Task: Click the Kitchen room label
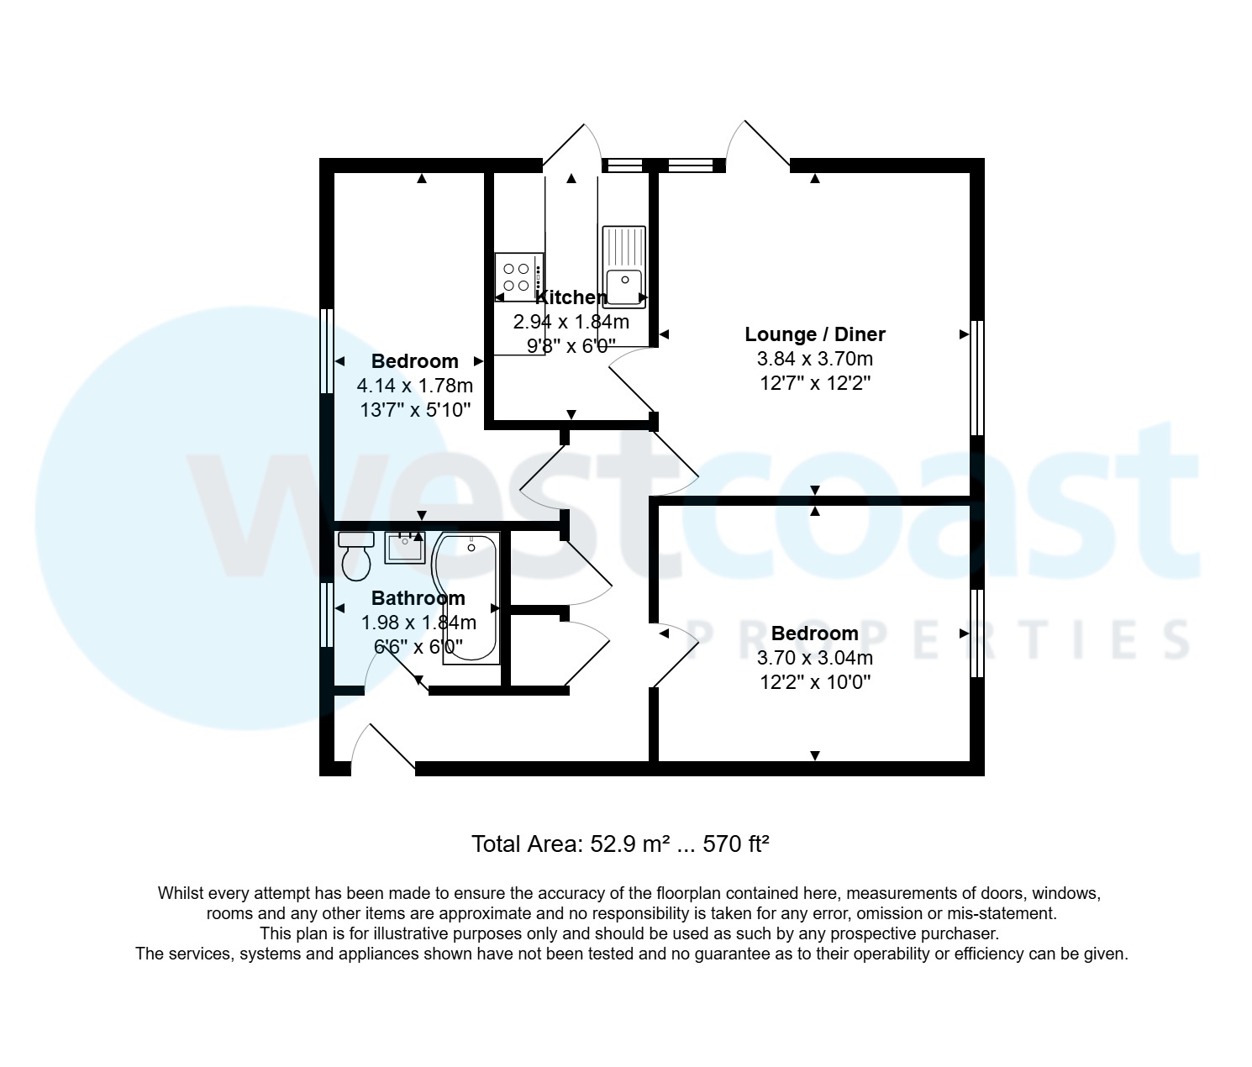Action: tap(571, 297)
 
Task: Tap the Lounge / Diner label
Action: tap(814, 334)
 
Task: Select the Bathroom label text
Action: tap(418, 598)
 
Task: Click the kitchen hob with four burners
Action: tap(518, 276)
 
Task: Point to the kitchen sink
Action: tap(623, 265)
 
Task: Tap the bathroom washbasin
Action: tap(406, 547)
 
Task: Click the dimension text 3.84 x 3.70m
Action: tap(814, 359)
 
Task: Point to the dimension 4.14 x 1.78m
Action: tap(415, 386)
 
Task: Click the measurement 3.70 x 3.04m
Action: tap(814, 658)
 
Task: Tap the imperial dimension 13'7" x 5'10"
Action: tap(415, 410)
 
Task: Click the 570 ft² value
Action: tap(736, 844)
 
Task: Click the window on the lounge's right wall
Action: tap(976, 377)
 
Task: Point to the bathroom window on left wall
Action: tap(327, 615)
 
